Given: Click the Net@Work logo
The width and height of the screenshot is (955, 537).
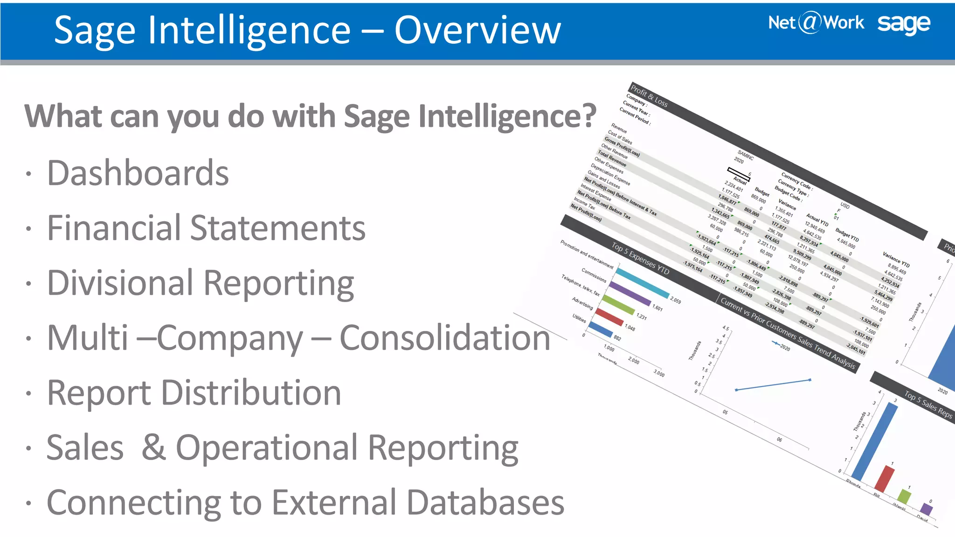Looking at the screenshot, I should pos(816,23).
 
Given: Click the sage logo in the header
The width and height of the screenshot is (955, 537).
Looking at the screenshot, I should pos(903,24).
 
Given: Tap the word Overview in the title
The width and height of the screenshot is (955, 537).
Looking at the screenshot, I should pos(477,30).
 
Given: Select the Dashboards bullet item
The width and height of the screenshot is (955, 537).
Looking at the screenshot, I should pos(138,173).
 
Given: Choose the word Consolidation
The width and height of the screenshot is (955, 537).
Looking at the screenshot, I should pos(445,337).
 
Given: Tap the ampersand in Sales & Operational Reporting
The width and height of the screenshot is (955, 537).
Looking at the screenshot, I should pos(154,447).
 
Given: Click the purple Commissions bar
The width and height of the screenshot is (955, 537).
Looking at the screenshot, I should pos(630,294).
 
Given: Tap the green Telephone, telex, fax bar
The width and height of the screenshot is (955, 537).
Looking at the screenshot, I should pos(618,305).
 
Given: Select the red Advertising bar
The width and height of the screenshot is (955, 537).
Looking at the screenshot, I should pos(609,317).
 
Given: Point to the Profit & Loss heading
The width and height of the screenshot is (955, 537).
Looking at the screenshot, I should pos(649,95).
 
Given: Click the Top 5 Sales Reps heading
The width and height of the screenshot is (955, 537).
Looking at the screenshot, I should pos(928,405).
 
